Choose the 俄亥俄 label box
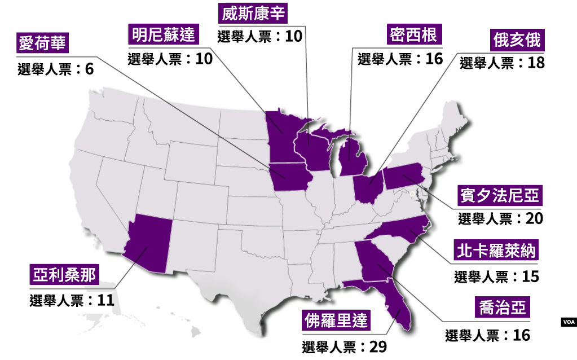click(x=517, y=41)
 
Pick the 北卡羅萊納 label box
click(x=495, y=250)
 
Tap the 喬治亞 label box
click(x=503, y=308)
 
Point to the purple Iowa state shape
click(x=290, y=176)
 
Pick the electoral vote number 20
click(x=534, y=218)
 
